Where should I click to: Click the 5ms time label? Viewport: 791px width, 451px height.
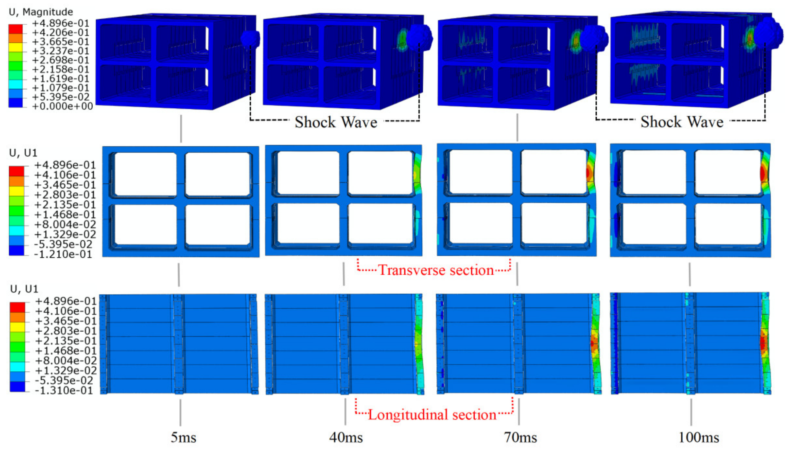click(183, 437)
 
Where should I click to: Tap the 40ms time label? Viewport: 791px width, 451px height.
click(346, 437)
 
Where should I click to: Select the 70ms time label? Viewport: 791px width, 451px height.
click(520, 437)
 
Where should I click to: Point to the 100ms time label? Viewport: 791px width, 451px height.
click(699, 437)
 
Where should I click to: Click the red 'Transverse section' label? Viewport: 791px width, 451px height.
click(436, 270)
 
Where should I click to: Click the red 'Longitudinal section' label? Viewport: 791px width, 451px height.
click(432, 415)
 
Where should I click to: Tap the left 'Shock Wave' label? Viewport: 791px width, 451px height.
click(336, 122)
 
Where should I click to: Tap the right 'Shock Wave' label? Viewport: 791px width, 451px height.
click(682, 122)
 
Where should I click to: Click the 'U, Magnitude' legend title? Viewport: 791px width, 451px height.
click(41, 12)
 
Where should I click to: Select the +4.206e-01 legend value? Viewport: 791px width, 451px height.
click(61, 32)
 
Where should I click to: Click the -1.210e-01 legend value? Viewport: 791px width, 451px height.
click(63, 254)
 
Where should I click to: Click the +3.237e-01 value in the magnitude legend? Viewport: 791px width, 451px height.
click(61, 51)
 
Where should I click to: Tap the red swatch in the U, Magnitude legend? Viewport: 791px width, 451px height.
click(15, 29)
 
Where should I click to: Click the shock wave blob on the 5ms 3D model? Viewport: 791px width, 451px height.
click(250, 39)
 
